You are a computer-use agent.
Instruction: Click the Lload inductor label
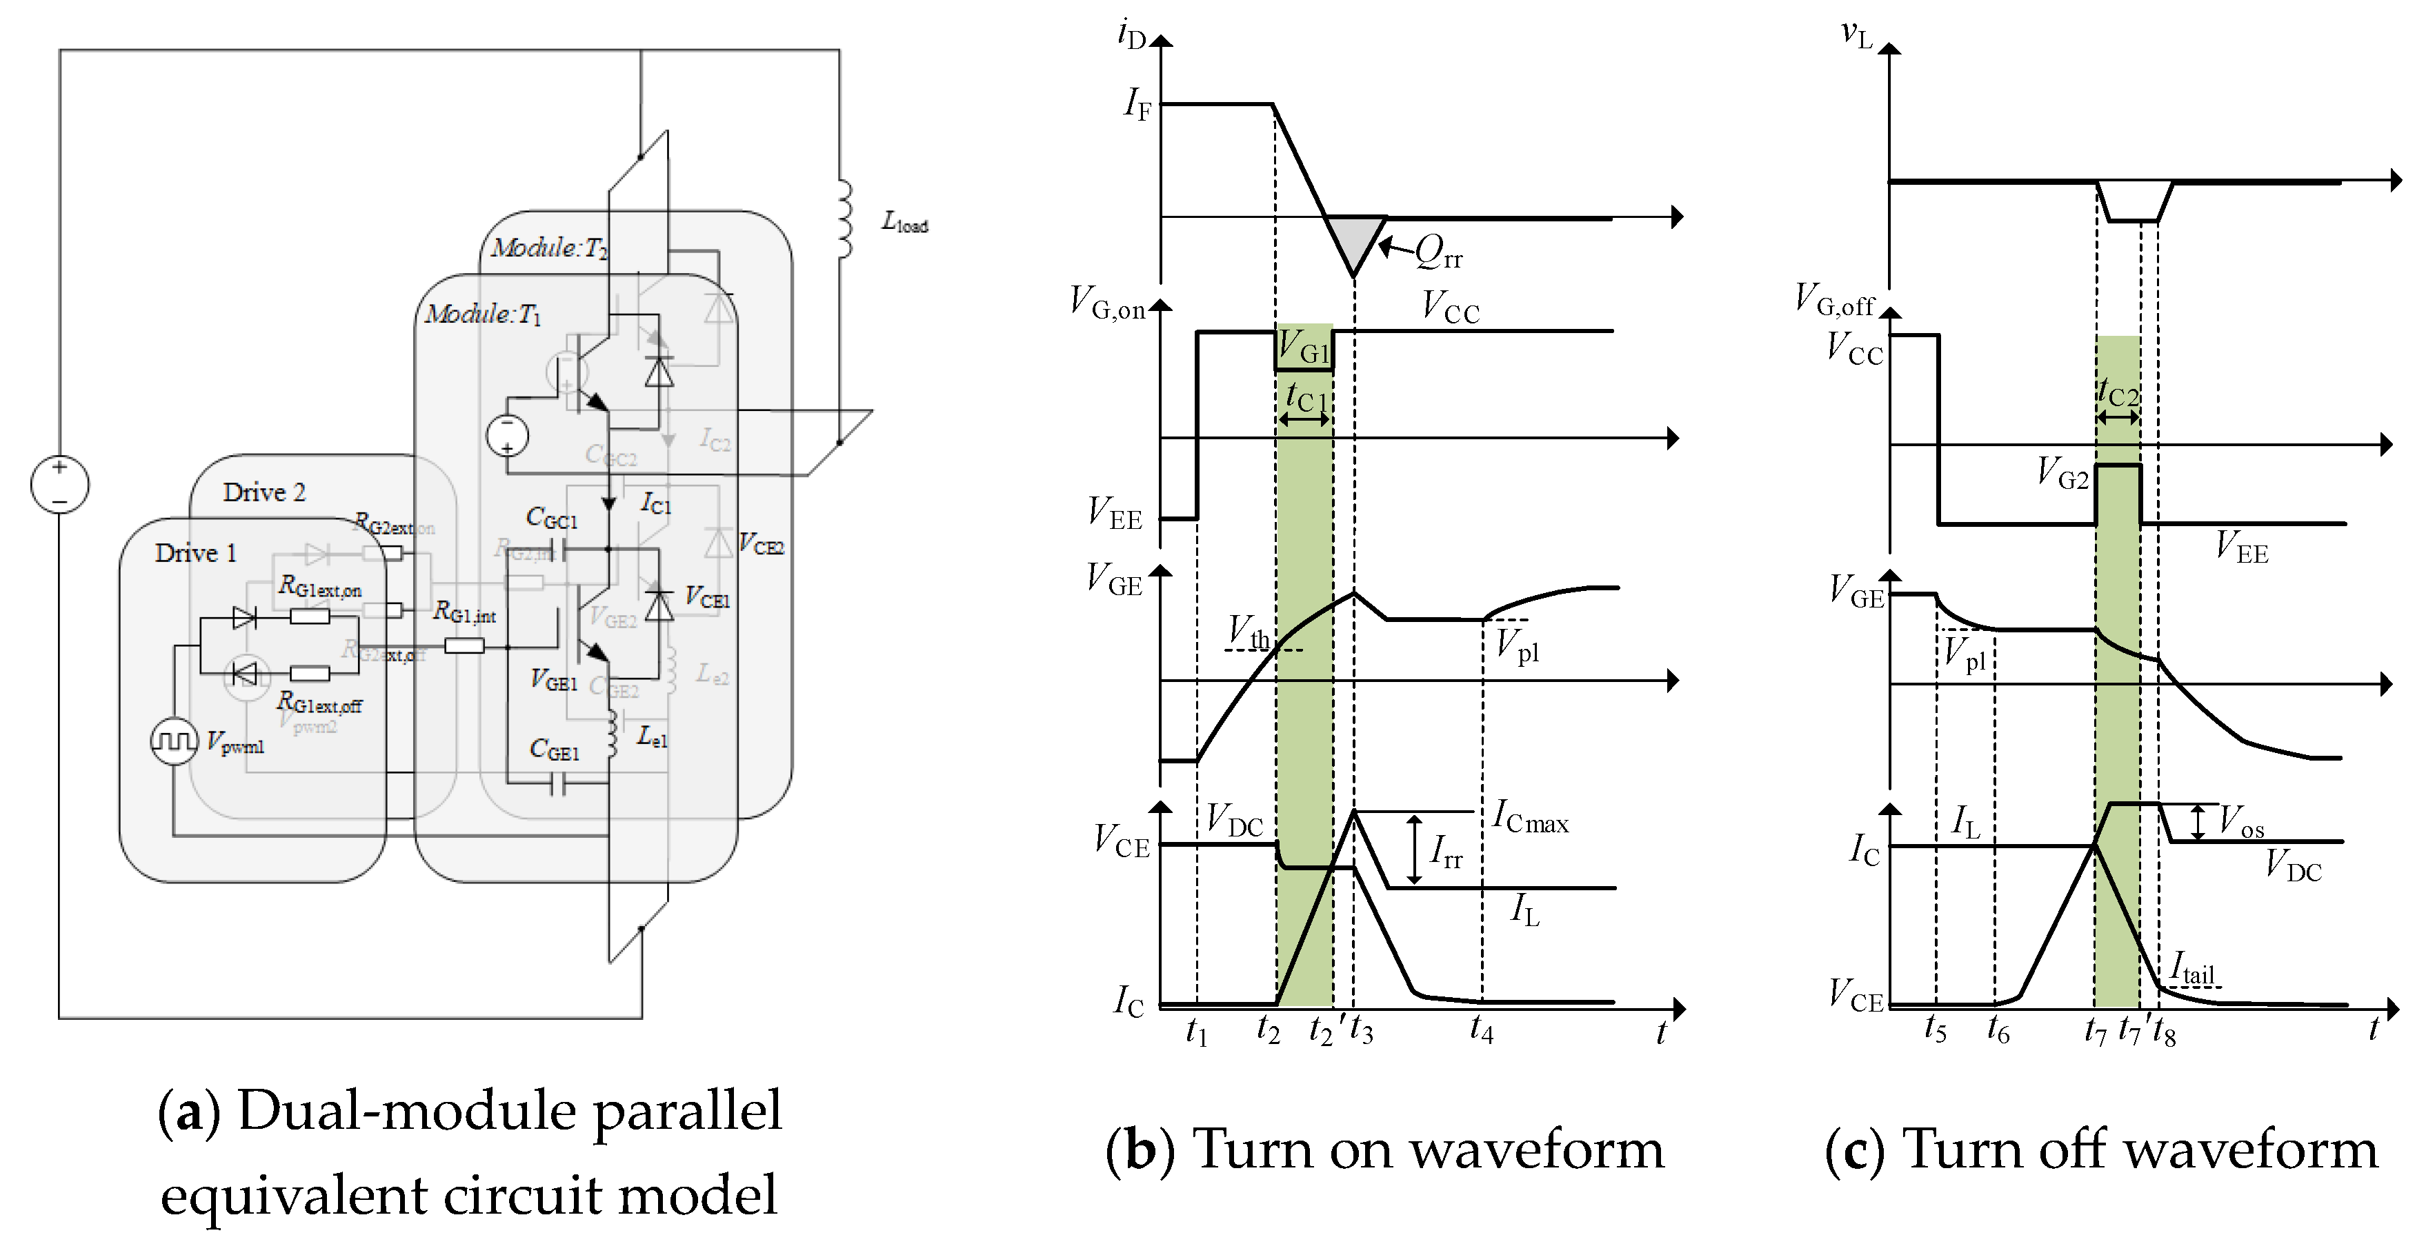pyautogui.click(x=904, y=222)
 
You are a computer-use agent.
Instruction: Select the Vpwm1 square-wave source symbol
pyautogui.click(x=175, y=741)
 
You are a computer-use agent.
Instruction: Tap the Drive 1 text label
pyautogui.click(x=195, y=553)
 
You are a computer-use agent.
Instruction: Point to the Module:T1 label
pyautogui.click(x=482, y=314)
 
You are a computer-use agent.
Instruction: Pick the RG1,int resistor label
pyautogui.click(x=464, y=613)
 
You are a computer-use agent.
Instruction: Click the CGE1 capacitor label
pyautogui.click(x=554, y=750)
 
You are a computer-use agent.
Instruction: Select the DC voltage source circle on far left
pyautogui.click(x=59, y=485)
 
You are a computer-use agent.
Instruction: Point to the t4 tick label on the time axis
pyautogui.click(x=1482, y=1030)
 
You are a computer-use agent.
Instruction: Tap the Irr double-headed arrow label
pyautogui.click(x=1446, y=852)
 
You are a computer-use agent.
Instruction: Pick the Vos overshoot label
pyautogui.click(x=2240, y=822)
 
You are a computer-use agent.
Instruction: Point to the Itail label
pyautogui.click(x=2191, y=969)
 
